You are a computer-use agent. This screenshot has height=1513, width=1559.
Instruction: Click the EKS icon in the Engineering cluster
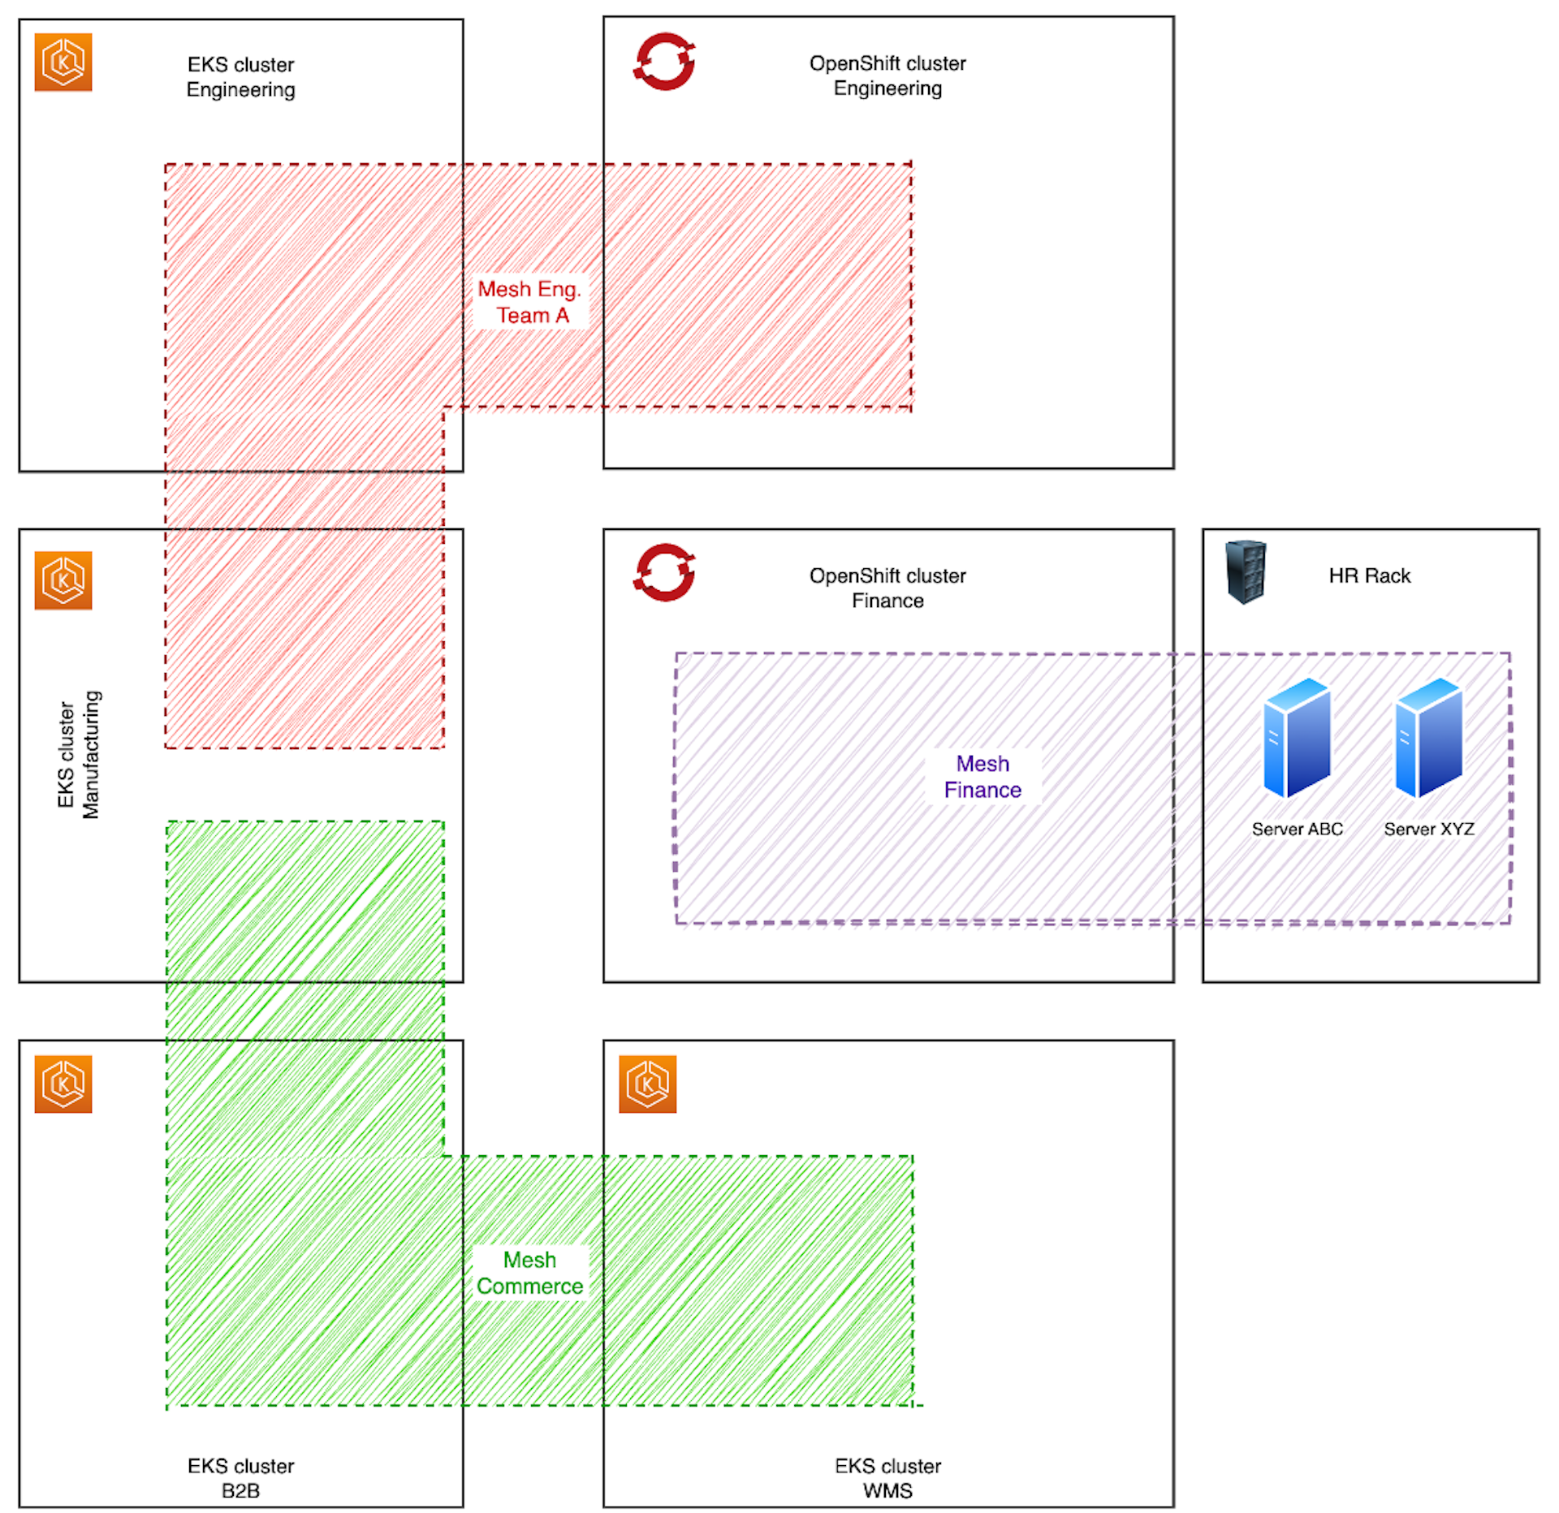click(x=63, y=62)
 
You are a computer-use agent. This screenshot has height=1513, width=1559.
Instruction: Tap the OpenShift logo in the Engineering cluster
click(x=664, y=61)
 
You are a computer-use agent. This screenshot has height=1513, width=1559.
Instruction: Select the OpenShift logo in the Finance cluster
click(x=664, y=572)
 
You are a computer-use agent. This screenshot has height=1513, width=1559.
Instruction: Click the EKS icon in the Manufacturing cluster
click(x=63, y=580)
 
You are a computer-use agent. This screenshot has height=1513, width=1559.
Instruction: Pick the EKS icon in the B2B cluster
click(x=63, y=1084)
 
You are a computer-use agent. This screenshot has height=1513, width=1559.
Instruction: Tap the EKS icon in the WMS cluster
click(x=647, y=1084)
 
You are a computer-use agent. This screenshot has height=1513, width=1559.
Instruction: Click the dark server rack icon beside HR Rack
click(x=1246, y=572)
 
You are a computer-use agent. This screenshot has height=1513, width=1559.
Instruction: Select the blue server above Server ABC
click(x=1297, y=739)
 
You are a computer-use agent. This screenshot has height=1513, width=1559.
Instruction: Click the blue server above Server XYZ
click(x=1428, y=739)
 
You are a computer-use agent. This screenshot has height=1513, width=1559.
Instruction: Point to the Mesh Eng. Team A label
click(x=529, y=302)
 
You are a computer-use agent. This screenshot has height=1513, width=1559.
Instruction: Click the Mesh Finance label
click(x=982, y=777)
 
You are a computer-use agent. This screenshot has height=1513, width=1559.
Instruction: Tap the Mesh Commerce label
click(x=529, y=1273)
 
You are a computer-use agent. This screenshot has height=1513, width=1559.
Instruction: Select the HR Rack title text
click(x=1369, y=575)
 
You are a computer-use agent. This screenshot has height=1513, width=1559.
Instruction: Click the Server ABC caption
click(x=1297, y=829)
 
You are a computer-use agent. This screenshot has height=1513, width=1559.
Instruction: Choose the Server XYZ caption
click(x=1428, y=829)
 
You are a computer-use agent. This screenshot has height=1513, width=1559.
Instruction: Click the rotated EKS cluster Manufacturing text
click(x=79, y=754)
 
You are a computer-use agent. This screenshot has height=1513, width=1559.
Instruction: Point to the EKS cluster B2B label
click(x=240, y=1477)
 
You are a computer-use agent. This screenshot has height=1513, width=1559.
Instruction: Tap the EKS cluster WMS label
click(x=887, y=1477)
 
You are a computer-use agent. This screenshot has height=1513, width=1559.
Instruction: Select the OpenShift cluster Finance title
click(x=887, y=588)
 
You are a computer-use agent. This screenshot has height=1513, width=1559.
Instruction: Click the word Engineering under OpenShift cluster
click(x=887, y=88)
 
